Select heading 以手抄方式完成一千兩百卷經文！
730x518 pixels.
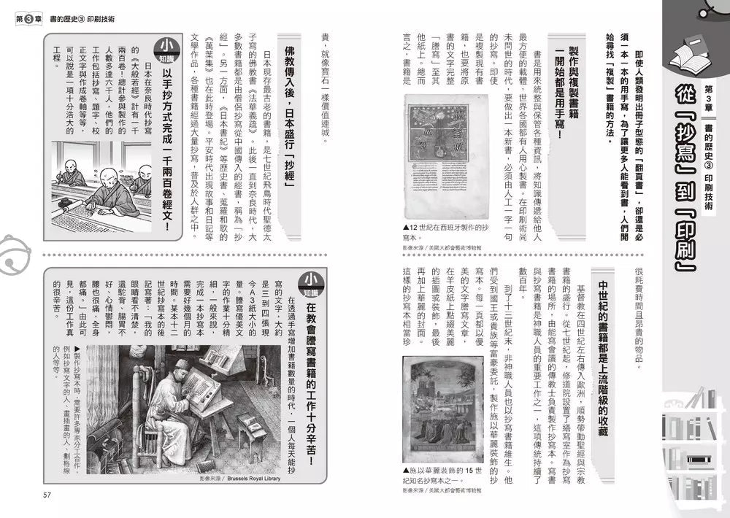(166, 157)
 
